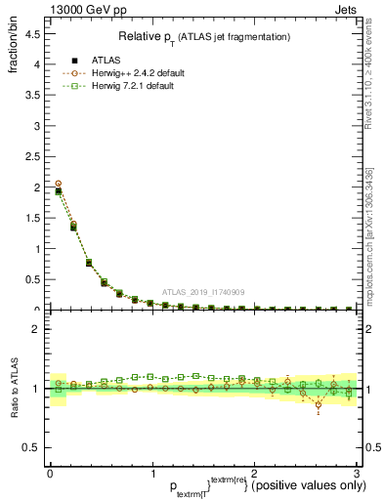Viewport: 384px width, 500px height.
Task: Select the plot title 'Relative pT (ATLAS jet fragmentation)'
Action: [x=204, y=36]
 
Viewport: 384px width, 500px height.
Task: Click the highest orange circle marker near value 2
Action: [x=59, y=184]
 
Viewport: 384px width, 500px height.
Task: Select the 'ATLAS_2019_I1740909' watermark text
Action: [x=202, y=292]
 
